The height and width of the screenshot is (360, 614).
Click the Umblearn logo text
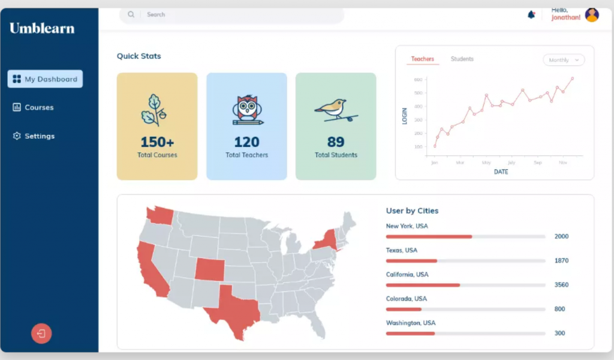(42, 28)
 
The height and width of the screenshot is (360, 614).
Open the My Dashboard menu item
(45, 79)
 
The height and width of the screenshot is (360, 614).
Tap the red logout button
(41, 334)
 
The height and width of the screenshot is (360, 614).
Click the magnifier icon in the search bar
(131, 14)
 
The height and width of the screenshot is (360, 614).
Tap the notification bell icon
(531, 14)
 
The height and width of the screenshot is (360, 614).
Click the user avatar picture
(592, 15)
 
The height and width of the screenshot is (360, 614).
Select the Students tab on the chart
(462, 59)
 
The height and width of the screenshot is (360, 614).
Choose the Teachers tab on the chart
(423, 59)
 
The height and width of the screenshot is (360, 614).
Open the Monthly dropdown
(564, 60)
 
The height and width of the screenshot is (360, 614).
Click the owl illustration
(247, 110)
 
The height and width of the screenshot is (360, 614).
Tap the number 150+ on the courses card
(157, 142)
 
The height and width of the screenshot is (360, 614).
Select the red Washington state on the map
(160, 215)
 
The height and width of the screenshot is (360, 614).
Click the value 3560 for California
(561, 285)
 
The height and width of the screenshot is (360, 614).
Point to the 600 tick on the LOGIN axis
(418, 79)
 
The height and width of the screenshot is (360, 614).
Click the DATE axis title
(501, 172)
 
